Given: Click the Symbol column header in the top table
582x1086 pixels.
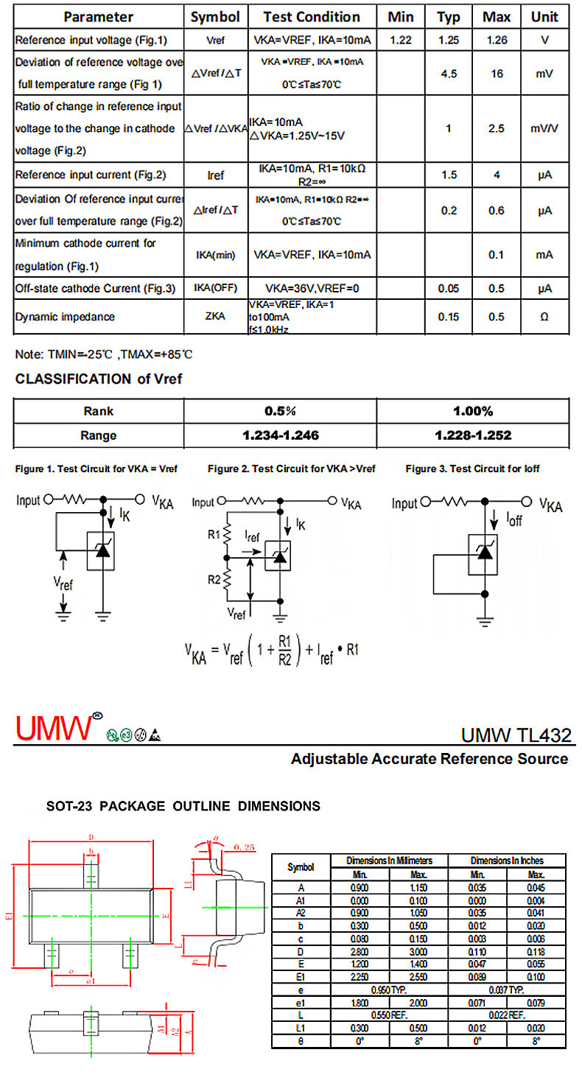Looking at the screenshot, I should pyautogui.click(x=215, y=16).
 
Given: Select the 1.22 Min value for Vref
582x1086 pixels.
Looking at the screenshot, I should pyautogui.click(x=400, y=40).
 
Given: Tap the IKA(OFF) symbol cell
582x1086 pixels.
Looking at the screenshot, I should pyautogui.click(x=215, y=288).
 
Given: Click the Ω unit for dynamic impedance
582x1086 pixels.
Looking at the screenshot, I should pyautogui.click(x=544, y=317).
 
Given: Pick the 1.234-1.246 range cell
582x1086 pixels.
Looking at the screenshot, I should pyautogui.click(x=281, y=435).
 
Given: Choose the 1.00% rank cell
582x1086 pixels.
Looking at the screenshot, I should pyautogui.click(x=473, y=411).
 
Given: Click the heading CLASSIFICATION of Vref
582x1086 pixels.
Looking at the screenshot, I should pyautogui.click(x=99, y=379).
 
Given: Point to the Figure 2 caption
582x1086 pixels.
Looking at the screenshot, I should pyautogui.click(x=292, y=469).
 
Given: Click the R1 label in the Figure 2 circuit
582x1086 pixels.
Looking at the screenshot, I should pyautogui.click(x=214, y=534).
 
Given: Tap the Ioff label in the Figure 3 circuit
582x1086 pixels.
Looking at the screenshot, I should pyautogui.click(x=513, y=520).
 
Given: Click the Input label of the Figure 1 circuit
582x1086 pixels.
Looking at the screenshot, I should pyautogui.click(x=29, y=500).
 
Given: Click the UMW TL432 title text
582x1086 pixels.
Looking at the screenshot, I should pyautogui.click(x=516, y=735).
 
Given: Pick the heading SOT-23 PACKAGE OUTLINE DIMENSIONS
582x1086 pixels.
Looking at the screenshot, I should pyautogui.click(x=183, y=806).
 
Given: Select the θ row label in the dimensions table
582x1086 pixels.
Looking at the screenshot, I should pyautogui.click(x=300, y=1041).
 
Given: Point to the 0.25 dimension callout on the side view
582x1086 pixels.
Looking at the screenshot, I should pyautogui.click(x=243, y=848).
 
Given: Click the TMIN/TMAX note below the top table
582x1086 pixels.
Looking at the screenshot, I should pyautogui.click(x=104, y=354).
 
